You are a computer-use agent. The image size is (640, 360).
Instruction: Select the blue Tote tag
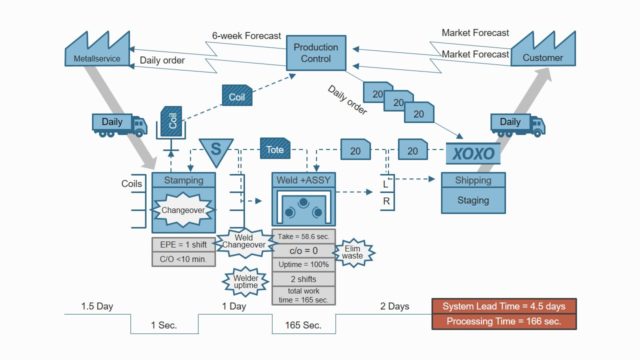coord(277,149)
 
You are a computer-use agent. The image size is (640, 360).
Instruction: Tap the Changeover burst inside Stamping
coord(183,210)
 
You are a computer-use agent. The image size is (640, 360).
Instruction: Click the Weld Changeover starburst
coord(243,242)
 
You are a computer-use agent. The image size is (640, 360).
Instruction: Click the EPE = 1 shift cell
coord(183,244)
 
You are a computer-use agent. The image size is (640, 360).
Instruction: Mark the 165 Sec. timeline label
coord(303,325)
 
